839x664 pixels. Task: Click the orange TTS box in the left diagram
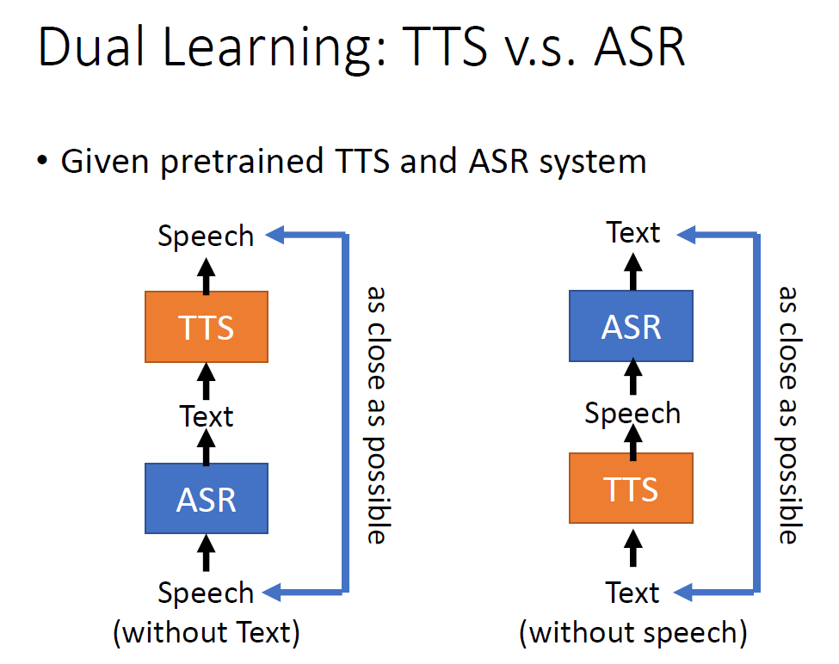(207, 327)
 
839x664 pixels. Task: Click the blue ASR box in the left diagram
(207, 499)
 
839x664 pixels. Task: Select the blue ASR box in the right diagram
(632, 326)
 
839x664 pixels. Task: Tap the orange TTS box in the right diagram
(632, 489)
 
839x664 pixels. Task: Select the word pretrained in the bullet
(227, 162)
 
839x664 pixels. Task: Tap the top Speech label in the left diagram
(206, 236)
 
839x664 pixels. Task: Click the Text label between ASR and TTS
(207, 416)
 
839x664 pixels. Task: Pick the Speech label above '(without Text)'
(206, 593)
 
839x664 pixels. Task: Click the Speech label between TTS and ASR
(632, 413)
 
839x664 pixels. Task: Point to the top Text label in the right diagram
(633, 232)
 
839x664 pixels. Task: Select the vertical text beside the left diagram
(376, 413)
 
